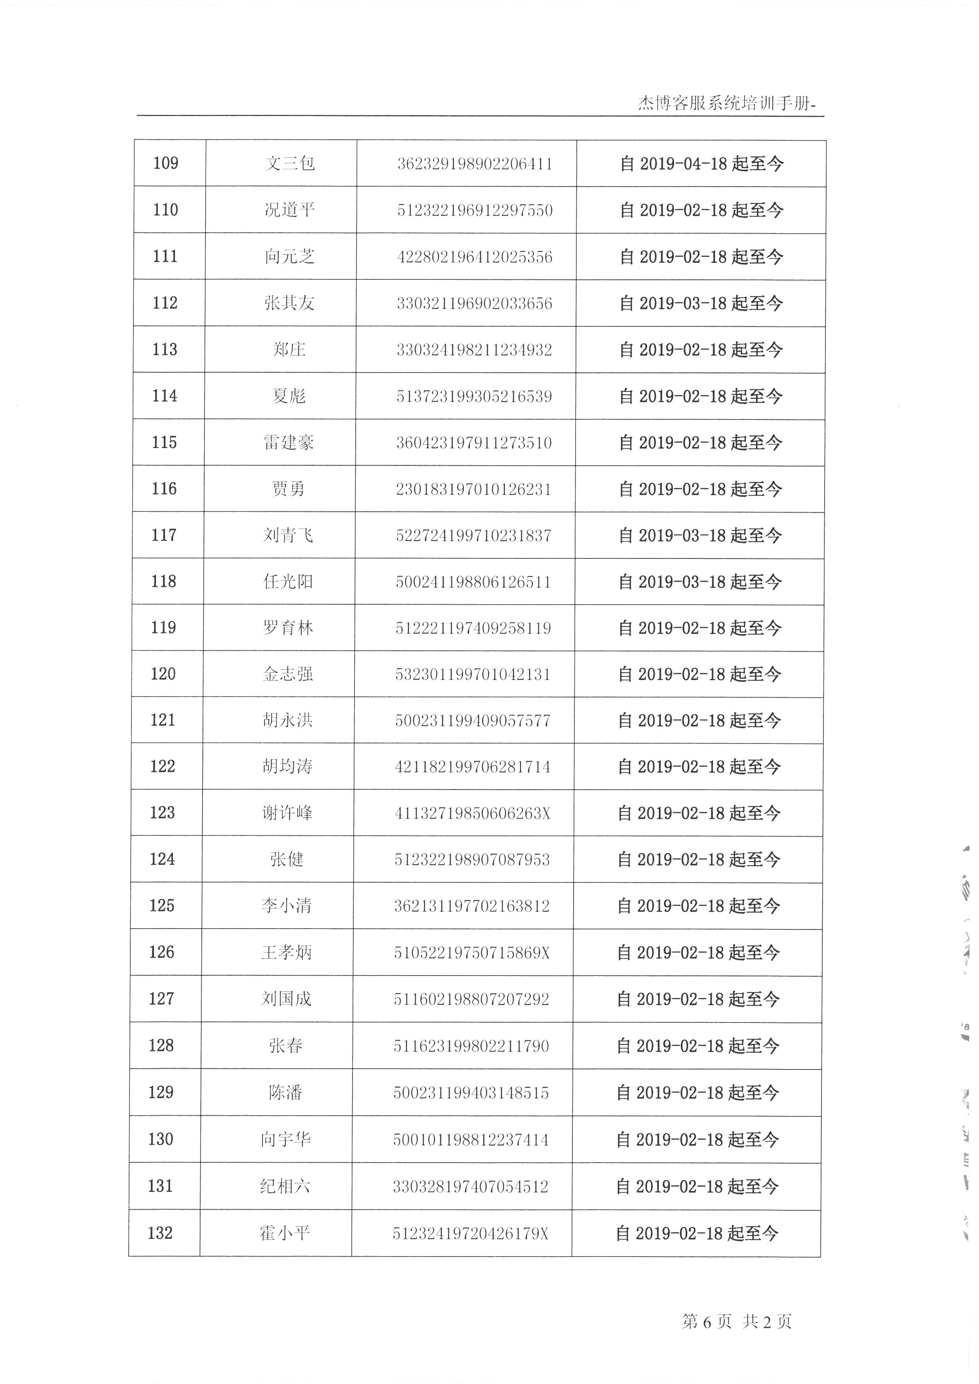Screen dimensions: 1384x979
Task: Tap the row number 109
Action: (166, 163)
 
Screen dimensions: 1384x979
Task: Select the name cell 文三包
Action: (290, 163)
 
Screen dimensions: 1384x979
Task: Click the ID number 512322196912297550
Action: (474, 210)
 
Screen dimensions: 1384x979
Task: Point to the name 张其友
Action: (289, 303)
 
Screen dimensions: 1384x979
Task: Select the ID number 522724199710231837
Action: (473, 535)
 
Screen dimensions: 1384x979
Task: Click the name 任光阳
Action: (288, 582)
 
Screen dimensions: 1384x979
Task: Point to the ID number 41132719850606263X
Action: (472, 813)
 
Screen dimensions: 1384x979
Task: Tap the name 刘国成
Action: (286, 999)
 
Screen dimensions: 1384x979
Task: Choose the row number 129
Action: (161, 1092)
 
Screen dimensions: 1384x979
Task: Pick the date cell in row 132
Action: (697, 1233)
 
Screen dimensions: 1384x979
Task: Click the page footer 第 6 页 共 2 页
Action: (736, 1322)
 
